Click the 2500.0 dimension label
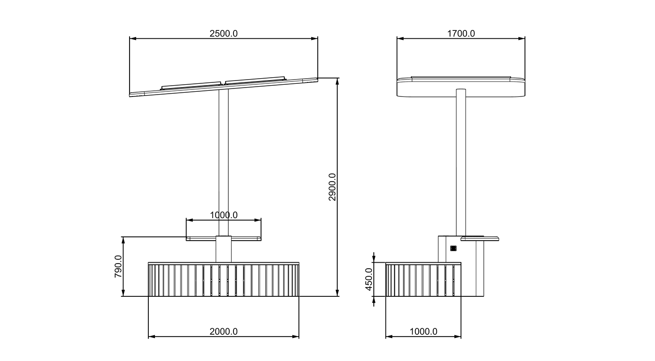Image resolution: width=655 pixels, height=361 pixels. pos(224,34)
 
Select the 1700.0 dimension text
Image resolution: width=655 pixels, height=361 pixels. pos(461,34)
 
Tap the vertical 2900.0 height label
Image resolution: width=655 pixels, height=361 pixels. pos(332,187)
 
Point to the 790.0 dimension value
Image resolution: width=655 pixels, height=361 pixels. pos(118,266)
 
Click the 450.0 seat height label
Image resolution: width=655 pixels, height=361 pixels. pos(369,280)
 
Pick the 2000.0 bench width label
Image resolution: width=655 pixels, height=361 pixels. pos(224,332)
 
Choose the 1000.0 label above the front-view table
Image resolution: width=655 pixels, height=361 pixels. pos(224,215)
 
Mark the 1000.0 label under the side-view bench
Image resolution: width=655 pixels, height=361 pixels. pos(423,332)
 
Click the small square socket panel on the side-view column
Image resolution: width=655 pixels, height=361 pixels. pos(453,248)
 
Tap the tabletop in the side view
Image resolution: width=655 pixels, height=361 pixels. pos(480,238)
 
